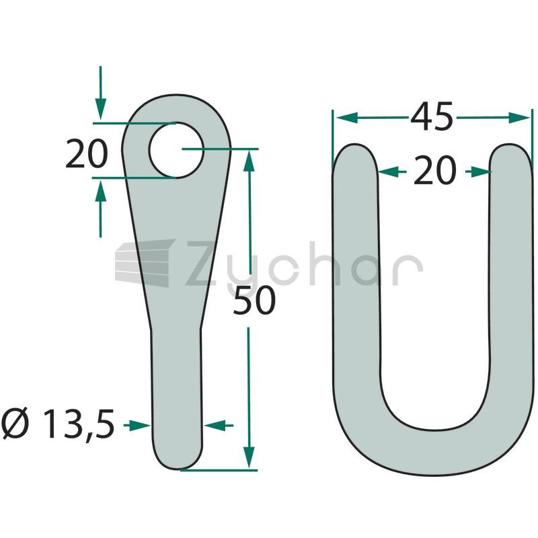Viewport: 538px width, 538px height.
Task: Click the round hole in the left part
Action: (176, 150)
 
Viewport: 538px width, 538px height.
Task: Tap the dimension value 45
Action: (432, 117)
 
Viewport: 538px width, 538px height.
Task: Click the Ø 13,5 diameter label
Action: (58, 424)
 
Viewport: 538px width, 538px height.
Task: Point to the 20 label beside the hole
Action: (87, 154)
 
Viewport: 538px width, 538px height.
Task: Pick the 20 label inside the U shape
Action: (434, 171)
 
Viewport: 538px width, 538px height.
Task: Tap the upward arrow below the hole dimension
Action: (100, 208)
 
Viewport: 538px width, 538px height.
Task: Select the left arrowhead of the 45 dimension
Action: (346, 118)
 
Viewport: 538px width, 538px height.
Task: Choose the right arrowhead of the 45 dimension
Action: (519, 118)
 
